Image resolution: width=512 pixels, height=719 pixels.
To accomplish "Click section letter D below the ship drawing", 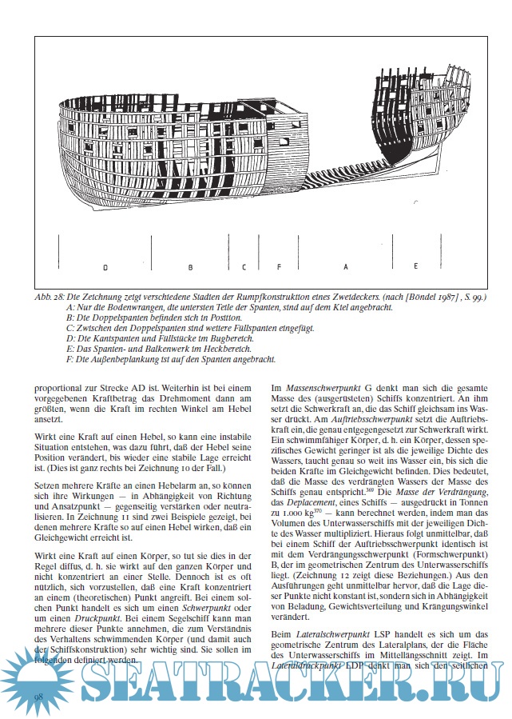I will (x=105, y=266).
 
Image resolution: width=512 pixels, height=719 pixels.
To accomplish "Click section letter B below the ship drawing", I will (x=190, y=266).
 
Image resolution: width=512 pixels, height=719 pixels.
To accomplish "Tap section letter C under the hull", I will (x=244, y=266).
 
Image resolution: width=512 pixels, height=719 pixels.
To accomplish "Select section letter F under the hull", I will (x=279, y=266).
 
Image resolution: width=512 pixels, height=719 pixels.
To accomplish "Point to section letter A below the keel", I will (x=346, y=266).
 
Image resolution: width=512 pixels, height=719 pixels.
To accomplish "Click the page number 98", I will (x=38, y=697).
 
